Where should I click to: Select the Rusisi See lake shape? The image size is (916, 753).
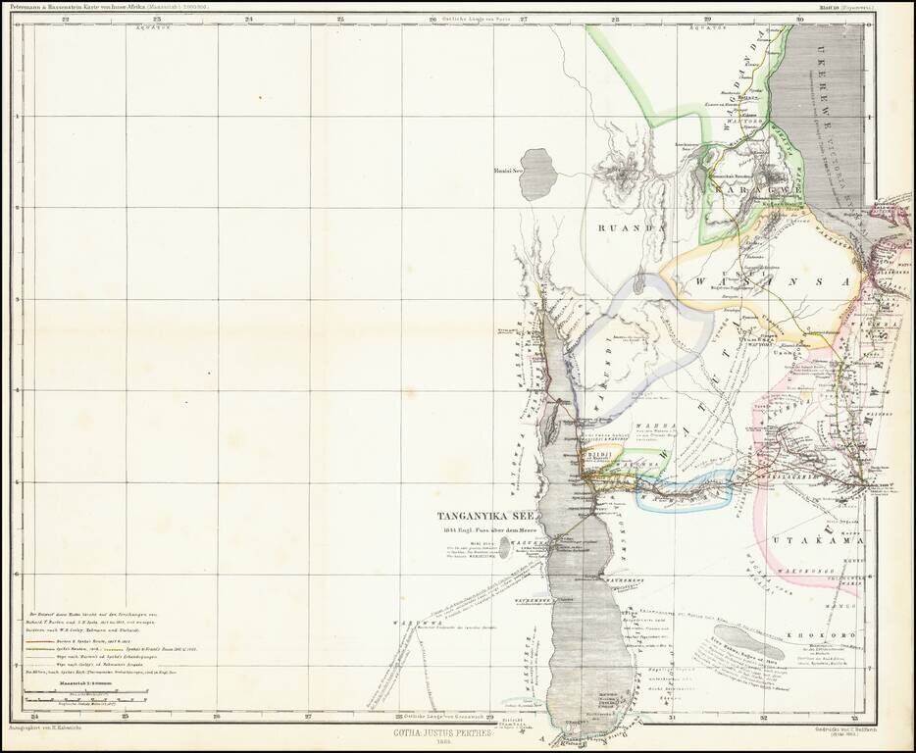537,175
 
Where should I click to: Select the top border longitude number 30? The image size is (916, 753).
799,18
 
